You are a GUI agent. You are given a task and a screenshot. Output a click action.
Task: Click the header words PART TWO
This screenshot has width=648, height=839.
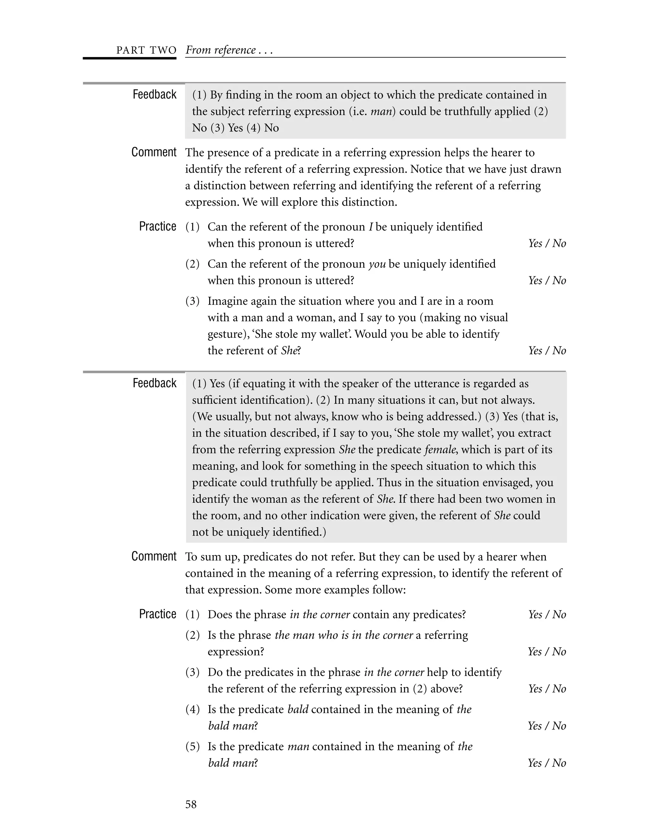146,50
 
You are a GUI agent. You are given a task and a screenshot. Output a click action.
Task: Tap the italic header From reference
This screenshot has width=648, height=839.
221,50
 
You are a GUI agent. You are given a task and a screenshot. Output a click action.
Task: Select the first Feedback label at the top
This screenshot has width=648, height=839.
154,94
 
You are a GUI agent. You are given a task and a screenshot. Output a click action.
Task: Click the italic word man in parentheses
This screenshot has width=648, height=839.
382,111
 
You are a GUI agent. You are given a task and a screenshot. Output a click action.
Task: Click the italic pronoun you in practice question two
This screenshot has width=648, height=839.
377,264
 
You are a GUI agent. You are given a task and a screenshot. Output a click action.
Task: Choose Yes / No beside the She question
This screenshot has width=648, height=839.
547,350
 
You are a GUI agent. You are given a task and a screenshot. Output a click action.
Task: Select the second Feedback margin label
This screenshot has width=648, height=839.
154,383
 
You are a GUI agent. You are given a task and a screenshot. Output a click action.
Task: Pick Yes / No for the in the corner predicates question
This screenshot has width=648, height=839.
547,614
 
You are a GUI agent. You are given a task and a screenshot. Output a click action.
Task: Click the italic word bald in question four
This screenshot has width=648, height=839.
298,709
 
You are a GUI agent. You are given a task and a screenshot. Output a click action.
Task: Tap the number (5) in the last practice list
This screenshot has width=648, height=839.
193,747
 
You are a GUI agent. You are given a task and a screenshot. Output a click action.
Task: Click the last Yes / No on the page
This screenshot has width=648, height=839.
547,763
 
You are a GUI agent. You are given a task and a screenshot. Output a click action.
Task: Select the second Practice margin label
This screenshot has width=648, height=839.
157,614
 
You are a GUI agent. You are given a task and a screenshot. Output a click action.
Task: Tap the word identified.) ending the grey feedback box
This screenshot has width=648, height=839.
299,532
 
